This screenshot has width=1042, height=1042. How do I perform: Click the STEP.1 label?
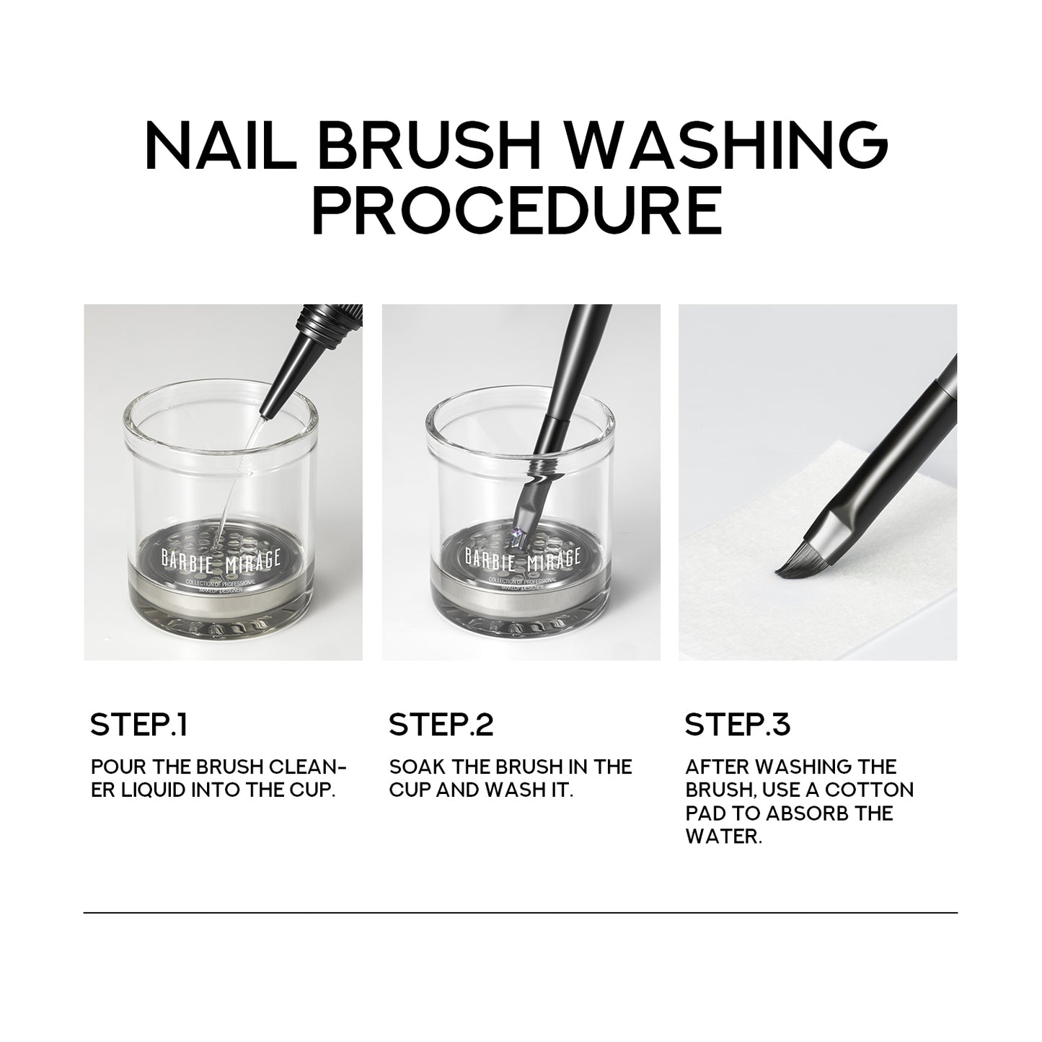138,725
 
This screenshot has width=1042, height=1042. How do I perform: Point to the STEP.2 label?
441,725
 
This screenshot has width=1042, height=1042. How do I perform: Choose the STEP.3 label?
737,725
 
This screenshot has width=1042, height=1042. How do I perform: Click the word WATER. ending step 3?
723,837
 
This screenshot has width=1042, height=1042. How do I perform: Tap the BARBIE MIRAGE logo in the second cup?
521,560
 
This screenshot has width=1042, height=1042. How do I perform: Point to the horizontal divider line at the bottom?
521,913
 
